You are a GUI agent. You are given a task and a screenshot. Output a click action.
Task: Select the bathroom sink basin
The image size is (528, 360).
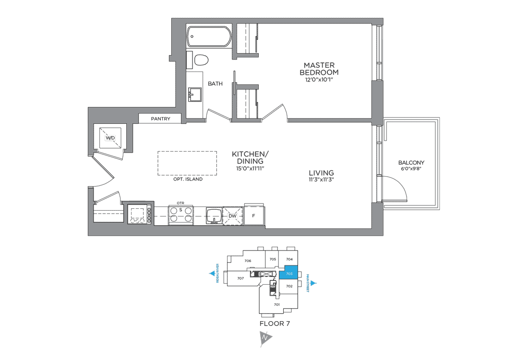click(x=195, y=95)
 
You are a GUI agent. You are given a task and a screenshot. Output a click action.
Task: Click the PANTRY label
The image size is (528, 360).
click(x=160, y=119)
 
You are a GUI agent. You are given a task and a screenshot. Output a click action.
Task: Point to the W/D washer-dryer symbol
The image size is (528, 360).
click(x=110, y=138)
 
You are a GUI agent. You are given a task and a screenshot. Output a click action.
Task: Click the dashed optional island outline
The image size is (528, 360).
click(x=187, y=164)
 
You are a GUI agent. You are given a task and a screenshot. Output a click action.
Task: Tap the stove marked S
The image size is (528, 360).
click(x=180, y=215)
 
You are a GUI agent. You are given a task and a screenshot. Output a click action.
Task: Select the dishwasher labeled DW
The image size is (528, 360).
click(x=232, y=216)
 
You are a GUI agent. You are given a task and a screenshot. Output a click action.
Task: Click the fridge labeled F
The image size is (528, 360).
click(x=254, y=216)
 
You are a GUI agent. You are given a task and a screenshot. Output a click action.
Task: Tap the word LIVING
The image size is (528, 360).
click(x=322, y=173)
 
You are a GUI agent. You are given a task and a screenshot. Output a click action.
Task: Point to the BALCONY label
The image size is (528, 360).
click(x=411, y=163)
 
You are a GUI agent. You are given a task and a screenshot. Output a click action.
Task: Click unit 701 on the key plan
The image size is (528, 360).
click(x=276, y=304)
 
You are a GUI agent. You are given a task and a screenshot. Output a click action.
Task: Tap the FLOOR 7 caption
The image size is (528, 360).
click(x=275, y=323)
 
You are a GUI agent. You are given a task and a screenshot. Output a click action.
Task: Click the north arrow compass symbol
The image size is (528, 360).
click(x=266, y=338)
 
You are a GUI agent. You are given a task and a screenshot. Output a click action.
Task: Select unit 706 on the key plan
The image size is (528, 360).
click(x=248, y=261)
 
